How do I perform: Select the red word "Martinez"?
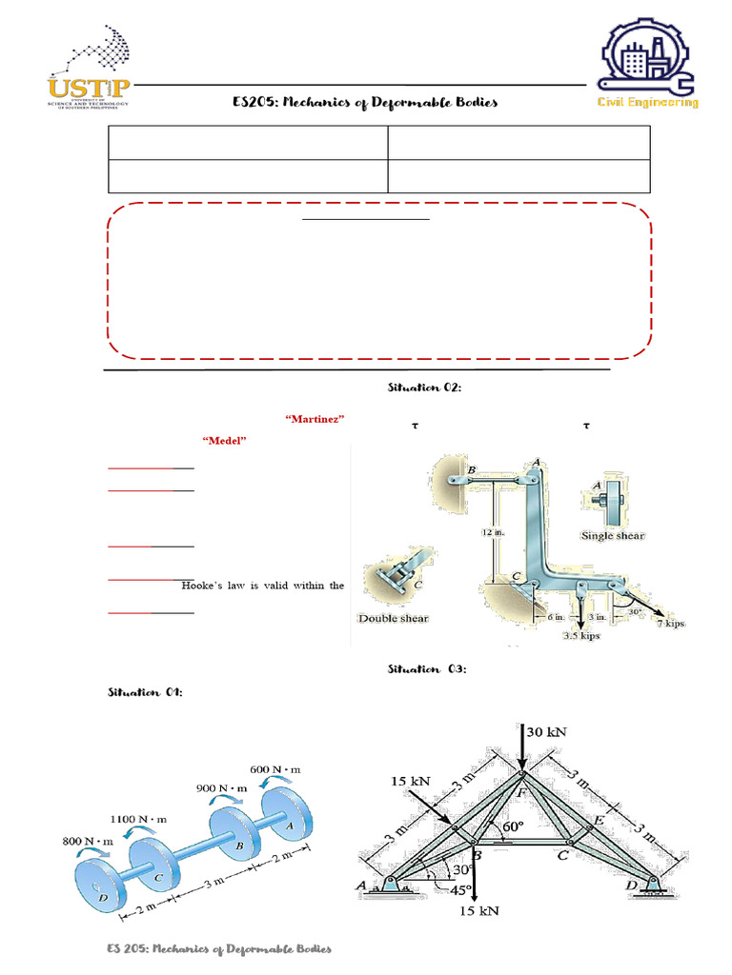315,419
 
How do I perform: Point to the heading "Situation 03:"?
426,669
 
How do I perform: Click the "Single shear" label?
612,536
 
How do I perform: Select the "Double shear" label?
393,618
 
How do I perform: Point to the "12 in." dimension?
493,533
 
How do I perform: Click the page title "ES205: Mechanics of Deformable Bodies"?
365,102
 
